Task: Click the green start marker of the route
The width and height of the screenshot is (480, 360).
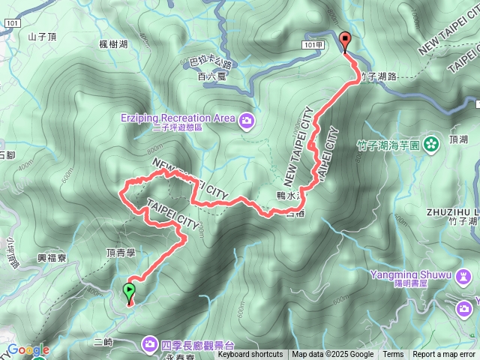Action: coord(129,291)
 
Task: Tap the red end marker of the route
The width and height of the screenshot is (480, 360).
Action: coord(345,42)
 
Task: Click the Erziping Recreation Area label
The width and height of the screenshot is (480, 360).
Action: coord(177,118)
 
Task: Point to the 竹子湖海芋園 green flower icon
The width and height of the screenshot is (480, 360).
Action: coord(431,143)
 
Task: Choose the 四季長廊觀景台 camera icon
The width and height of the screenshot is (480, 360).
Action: coord(149,344)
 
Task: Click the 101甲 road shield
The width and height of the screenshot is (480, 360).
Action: coord(315,45)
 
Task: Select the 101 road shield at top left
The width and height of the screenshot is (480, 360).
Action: coord(11,23)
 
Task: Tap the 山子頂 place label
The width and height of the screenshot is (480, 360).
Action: coord(42,36)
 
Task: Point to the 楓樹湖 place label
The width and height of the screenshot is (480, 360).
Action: coord(112,44)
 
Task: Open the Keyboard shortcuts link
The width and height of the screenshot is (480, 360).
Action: coord(250,355)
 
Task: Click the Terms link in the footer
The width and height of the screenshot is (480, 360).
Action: coord(393,355)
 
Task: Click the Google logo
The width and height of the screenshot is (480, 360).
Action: coord(28,349)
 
